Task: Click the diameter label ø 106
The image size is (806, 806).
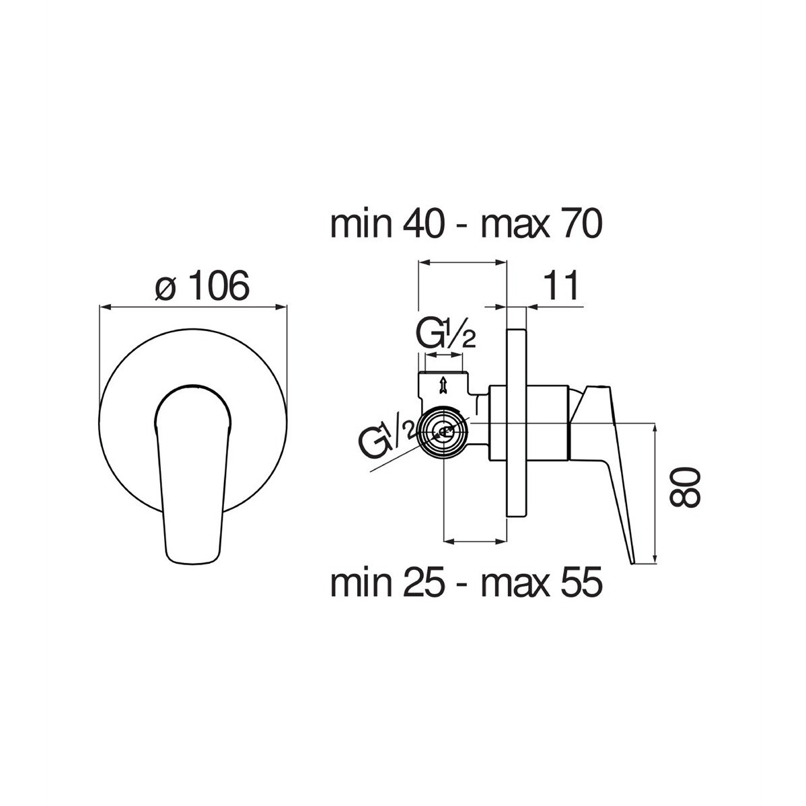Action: [x=202, y=287]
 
